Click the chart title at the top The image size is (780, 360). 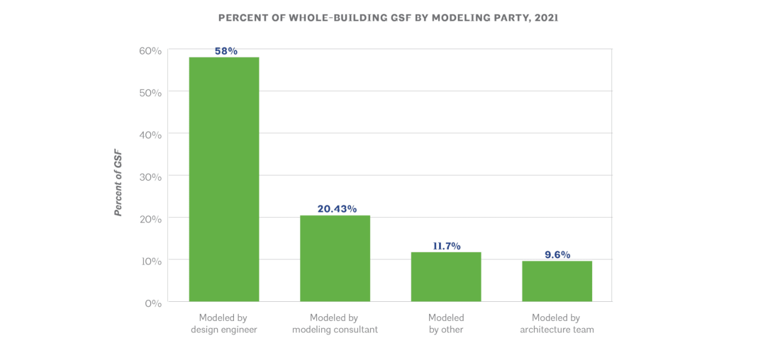tap(388, 18)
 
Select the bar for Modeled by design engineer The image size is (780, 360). tap(224, 179)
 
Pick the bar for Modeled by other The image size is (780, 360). tap(446, 277)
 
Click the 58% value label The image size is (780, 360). tap(226, 51)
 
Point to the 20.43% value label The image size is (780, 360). tap(337, 209)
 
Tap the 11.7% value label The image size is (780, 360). tap(446, 246)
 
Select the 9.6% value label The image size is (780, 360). tap(557, 254)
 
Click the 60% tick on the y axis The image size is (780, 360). tap(150, 51)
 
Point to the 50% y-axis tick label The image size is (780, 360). tap(150, 93)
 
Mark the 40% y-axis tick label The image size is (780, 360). tap(150, 135)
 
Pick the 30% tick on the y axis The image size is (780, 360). tap(150, 177)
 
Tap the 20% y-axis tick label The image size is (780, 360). tap(150, 219)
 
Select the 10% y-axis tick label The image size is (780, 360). tap(150, 261)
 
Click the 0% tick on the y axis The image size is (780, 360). tap(152, 303)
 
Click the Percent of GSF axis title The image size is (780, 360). tap(118, 183)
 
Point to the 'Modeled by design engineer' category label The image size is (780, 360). tap(224, 323)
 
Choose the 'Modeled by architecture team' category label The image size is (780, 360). tap(557, 323)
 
